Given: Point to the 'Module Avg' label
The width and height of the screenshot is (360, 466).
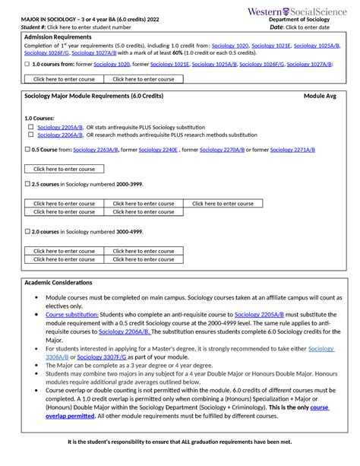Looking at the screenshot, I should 320,97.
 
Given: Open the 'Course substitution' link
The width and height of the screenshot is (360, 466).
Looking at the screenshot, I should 72,314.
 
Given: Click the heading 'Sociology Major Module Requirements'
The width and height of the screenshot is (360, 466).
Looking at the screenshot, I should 94,97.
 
